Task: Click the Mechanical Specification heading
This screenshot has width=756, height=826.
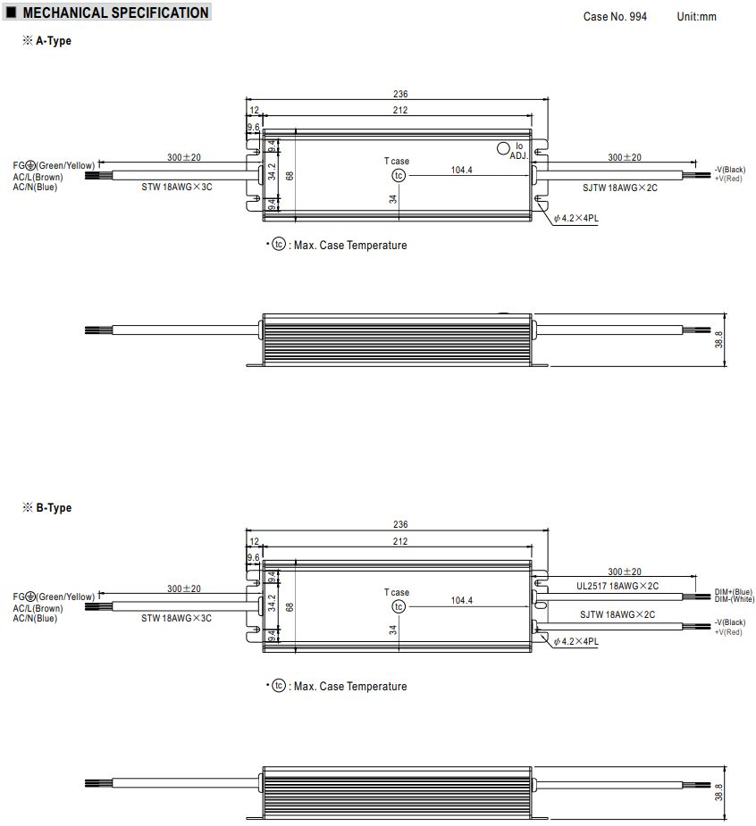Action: tap(115, 13)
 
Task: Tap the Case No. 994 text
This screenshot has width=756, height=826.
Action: tap(615, 16)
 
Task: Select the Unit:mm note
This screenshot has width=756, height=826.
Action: tap(696, 16)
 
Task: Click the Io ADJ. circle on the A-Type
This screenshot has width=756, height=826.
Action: tap(503, 148)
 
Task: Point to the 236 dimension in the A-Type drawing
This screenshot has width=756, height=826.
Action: tap(400, 94)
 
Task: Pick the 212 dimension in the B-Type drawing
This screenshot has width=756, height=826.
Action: tap(400, 541)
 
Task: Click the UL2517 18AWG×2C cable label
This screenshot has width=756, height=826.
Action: tap(617, 586)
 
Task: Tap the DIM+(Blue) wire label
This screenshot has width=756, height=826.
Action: tap(734, 592)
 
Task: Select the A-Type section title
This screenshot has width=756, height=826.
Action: tap(54, 40)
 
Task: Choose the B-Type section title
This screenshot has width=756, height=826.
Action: tap(54, 508)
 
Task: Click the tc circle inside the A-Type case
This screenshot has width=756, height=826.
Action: tap(399, 175)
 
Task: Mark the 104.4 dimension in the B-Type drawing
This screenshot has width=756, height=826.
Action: tap(461, 600)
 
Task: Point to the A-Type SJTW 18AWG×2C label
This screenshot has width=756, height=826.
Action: tap(620, 188)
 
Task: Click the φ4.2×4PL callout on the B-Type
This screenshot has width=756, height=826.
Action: tap(575, 641)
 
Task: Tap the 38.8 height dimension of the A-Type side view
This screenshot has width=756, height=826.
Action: tap(718, 340)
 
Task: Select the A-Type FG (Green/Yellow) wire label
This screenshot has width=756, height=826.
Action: tap(54, 165)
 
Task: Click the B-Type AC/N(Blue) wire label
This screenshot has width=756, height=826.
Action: tap(35, 619)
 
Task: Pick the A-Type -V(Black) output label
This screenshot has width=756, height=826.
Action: tap(730, 170)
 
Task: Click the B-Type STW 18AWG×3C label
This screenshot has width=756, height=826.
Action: tap(176, 618)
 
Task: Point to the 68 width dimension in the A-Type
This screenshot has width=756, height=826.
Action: tap(290, 176)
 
